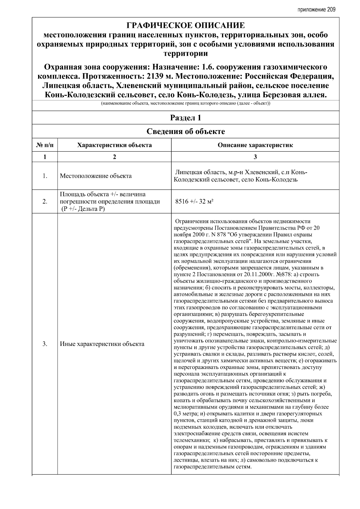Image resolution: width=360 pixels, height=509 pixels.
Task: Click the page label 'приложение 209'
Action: tap(316, 10)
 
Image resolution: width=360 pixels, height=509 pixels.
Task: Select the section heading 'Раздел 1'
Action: tap(185, 118)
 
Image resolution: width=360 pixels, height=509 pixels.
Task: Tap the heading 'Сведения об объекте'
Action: tap(185, 131)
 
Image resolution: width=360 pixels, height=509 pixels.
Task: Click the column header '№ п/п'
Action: tap(45, 145)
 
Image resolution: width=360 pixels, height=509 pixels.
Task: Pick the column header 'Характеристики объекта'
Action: tap(114, 145)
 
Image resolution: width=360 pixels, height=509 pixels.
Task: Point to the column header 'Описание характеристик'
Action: tap(255, 145)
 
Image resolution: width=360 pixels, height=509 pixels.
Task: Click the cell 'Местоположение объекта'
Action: tap(96, 176)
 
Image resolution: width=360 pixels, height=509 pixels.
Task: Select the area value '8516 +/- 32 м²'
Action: tap(194, 201)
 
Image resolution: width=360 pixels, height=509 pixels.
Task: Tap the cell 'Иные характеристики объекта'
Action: tap(102, 344)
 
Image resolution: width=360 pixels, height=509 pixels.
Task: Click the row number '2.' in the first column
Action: tap(45, 201)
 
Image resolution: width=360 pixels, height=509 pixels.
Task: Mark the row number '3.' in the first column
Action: tap(45, 344)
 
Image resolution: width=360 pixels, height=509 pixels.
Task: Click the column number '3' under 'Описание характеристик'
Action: tap(255, 157)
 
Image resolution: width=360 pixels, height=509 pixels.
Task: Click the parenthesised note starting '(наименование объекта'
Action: tap(185, 104)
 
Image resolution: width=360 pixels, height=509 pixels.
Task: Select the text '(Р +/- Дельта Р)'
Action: tap(83, 209)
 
